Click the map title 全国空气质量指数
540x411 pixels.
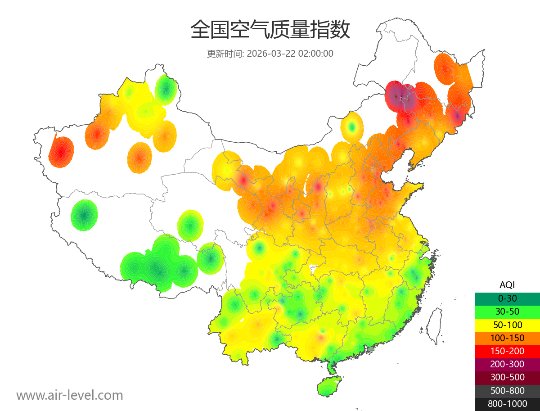[x=270, y=30]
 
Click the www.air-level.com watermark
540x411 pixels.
[x=70, y=395]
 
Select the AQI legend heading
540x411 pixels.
[x=507, y=285]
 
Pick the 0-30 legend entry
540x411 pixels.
[x=507, y=298]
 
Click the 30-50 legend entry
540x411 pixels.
[x=507, y=312]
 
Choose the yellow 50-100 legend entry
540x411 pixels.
[x=507, y=325]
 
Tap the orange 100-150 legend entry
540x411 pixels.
[x=507, y=338]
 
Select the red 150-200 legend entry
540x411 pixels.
[x=507, y=351]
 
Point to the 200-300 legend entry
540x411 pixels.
[x=507, y=364]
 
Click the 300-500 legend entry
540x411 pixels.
[x=507, y=377]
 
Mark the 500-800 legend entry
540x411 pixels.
[x=507, y=390]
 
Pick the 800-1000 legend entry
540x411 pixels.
[x=507, y=404]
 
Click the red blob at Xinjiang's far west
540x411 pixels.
[x=61, y=152]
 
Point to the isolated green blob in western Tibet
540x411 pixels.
[x=84, y=215]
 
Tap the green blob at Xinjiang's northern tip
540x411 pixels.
[x=166, y=89]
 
